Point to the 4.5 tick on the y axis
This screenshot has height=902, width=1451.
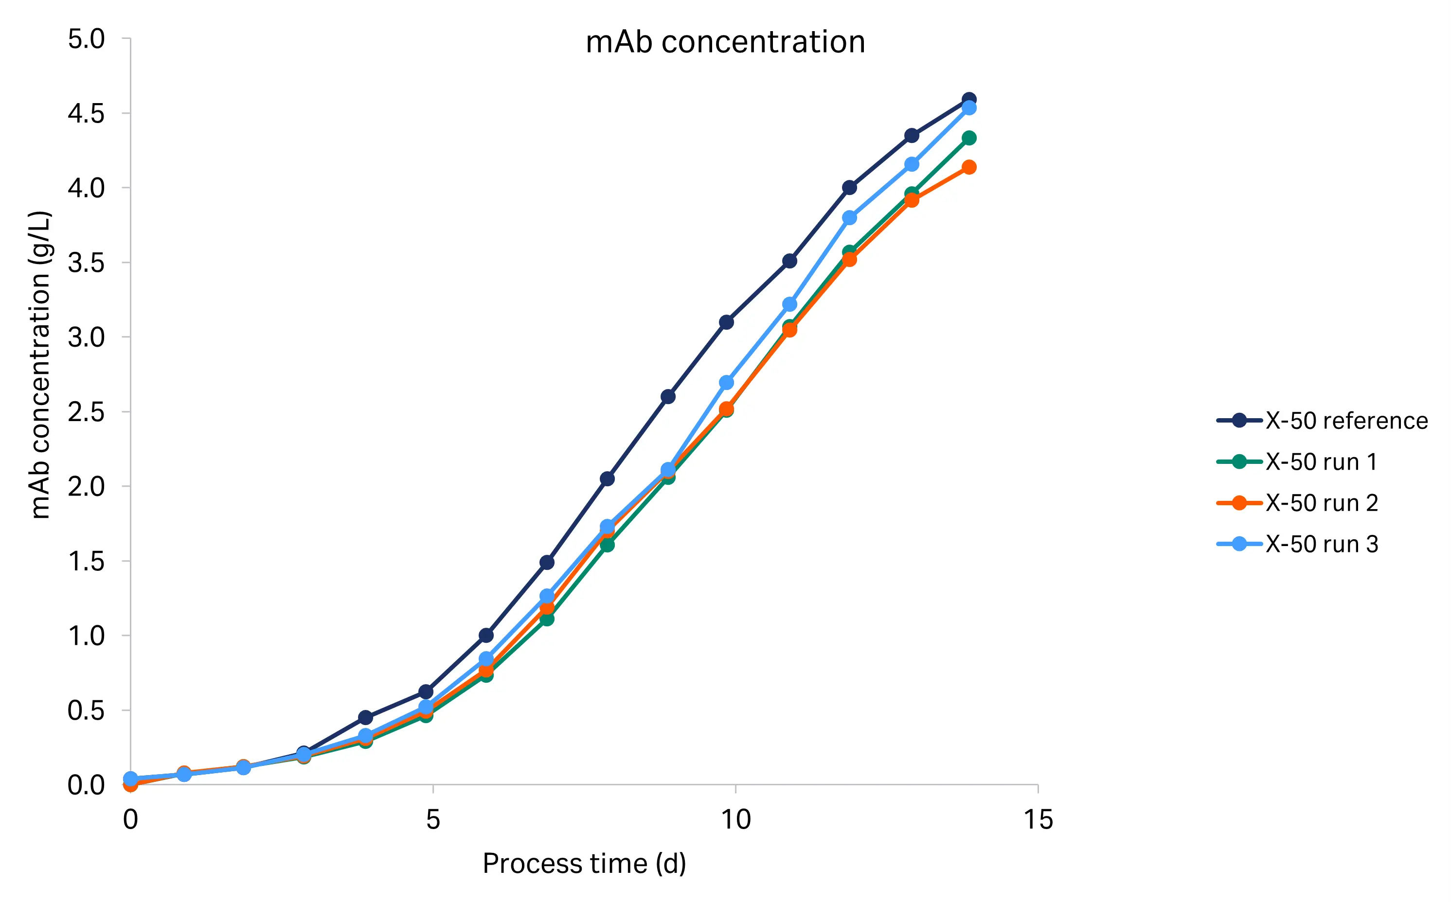(86, 113)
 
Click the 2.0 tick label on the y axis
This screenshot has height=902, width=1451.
(86, 487)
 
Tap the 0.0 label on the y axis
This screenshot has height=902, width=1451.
(86, 785)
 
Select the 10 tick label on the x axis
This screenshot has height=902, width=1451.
(735, 820)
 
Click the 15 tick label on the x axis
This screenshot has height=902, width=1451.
(1038, 820)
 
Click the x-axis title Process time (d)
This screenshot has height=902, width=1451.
(584, 863)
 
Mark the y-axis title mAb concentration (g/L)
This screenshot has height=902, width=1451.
(40, 365)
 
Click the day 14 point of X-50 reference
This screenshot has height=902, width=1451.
(969, 100)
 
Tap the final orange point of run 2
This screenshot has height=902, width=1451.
(969, 167)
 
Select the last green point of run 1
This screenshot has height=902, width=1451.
(969, 138)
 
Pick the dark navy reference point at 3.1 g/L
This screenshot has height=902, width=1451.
(727, 322)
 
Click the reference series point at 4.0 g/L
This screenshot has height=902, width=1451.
(850, 187)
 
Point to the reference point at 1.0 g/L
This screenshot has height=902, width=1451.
(486, 636)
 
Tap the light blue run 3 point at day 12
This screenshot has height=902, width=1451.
(850, 218)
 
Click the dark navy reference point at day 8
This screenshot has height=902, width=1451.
(608, 478)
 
